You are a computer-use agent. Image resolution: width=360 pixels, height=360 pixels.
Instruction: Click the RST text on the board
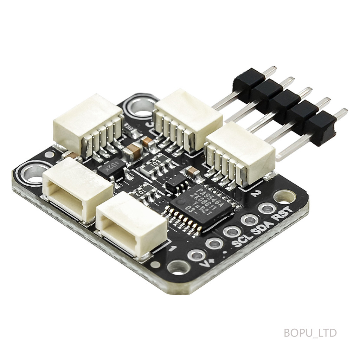click(284, 215)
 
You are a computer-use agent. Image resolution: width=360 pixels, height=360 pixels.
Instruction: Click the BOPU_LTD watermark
click(310, 333)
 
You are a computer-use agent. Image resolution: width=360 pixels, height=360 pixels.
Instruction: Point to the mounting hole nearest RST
click(284, 197)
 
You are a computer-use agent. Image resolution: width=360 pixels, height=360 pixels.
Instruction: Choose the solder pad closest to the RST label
click(266, 208)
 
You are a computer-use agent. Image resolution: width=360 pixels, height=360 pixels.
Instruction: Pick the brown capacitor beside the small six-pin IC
click(192, 171)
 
